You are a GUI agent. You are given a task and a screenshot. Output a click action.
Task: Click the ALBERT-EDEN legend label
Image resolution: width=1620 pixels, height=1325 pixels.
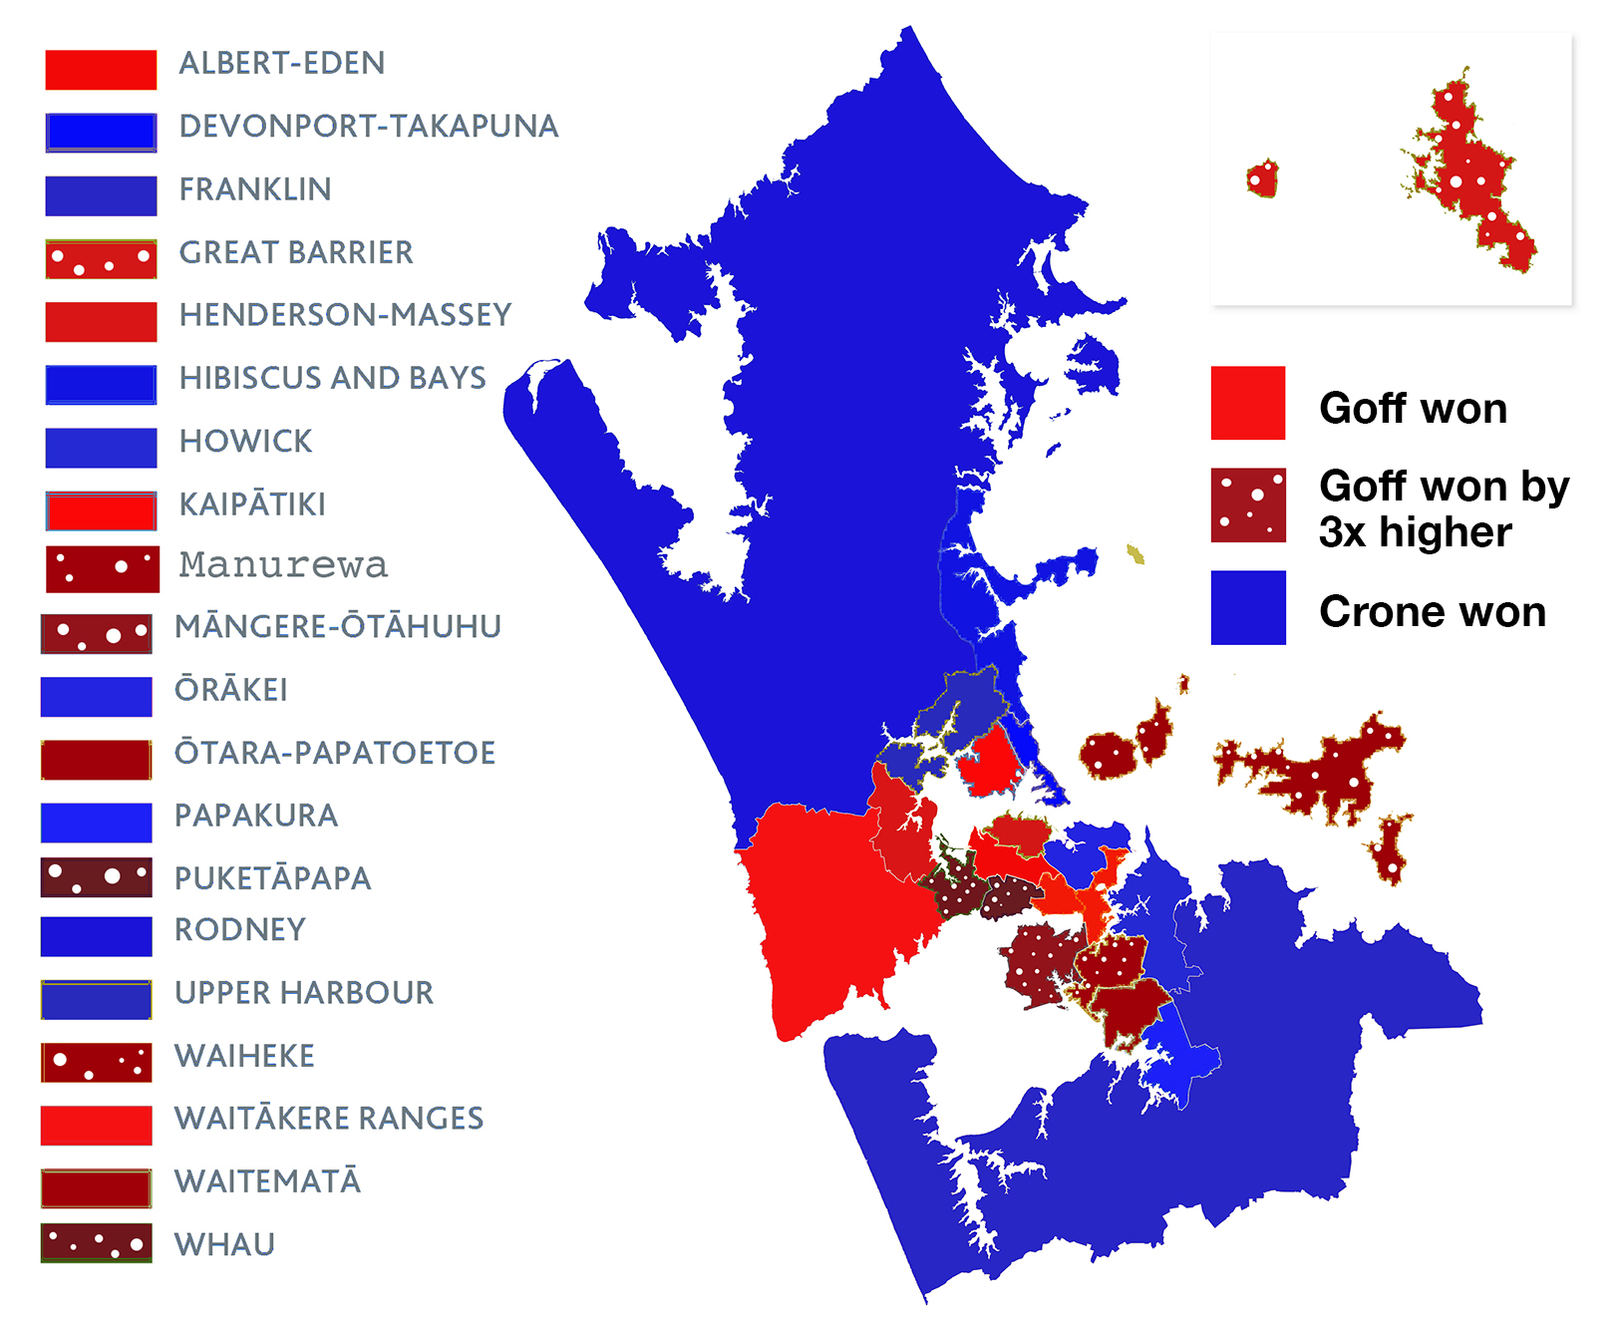(281, 63)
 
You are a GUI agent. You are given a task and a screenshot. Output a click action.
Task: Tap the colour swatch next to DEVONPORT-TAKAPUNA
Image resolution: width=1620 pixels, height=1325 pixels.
(101, 133)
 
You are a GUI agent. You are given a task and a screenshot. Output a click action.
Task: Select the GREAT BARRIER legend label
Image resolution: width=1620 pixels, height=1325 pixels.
(296, 252)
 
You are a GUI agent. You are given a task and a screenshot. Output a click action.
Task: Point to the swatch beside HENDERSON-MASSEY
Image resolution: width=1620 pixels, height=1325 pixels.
(101, 321)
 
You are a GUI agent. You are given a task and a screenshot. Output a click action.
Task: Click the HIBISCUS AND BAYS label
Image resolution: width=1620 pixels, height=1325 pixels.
(333, 378)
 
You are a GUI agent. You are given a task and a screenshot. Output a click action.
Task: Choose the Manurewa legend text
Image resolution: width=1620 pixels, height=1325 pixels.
(283, 565)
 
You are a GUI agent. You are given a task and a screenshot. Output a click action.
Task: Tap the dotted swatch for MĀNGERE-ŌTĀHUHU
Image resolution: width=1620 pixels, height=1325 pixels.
(97, 634)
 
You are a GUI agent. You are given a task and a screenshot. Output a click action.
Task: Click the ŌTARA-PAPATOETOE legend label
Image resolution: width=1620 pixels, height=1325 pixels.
(335, 753)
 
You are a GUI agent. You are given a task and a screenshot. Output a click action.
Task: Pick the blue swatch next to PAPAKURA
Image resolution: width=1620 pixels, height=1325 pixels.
(97, 823)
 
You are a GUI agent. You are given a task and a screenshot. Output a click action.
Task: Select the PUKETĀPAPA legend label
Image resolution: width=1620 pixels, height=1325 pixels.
(272, 878)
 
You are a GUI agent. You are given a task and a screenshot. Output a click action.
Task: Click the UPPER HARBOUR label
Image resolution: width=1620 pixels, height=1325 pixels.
(304, 993)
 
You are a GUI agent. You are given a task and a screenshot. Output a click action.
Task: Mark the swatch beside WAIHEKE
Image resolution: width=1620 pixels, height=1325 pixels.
(97, 1063)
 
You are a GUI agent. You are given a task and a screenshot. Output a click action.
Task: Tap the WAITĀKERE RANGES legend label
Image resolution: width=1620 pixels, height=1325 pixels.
(329, 1119)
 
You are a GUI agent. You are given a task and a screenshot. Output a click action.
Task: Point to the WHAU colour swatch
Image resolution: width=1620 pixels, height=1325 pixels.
(97, 1243)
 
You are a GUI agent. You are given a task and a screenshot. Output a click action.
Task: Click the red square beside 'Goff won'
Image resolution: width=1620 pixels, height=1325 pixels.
(1248, 403)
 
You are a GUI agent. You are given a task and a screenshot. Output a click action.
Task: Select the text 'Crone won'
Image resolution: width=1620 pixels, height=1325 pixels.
(1433, 611)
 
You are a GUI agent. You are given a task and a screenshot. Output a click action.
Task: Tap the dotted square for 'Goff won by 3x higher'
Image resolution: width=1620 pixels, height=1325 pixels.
(1248, 505)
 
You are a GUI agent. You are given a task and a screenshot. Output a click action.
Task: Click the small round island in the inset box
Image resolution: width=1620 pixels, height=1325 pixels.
(1262, 178)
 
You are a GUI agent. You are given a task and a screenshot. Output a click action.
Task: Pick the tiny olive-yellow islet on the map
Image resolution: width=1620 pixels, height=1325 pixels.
(1135, 553)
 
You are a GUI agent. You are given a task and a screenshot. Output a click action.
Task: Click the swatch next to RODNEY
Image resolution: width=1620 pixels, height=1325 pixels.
(97, 936)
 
